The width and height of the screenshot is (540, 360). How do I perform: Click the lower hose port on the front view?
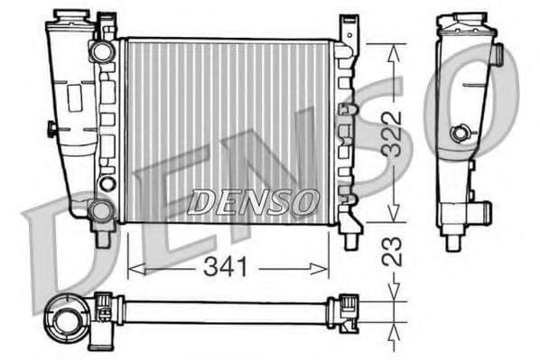[100, 210]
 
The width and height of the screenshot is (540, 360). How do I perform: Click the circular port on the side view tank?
[461, 134]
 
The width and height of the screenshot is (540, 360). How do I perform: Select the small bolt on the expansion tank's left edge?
[51, 130]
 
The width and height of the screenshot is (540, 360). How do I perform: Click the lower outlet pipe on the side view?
[484, 215]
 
